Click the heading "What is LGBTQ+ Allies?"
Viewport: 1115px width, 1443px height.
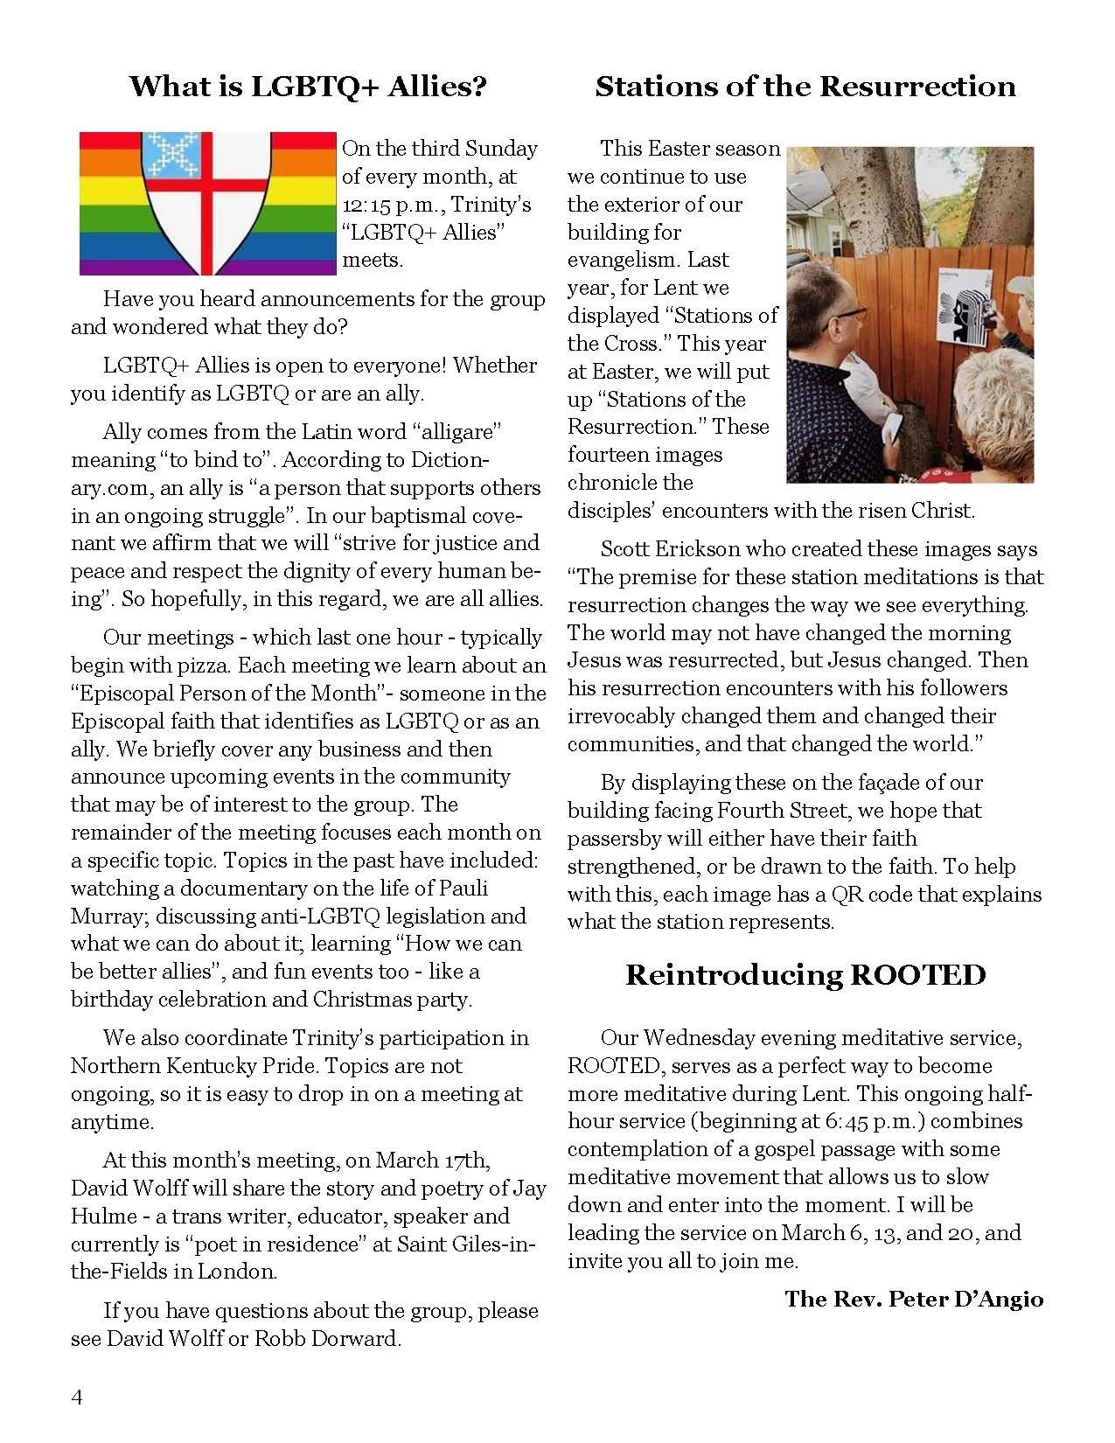308,87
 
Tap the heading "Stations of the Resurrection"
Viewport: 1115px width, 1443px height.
805,87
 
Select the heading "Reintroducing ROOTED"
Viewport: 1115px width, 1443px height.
805,975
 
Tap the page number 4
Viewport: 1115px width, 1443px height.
77,1398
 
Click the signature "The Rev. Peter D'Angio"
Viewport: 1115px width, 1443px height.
914,1299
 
